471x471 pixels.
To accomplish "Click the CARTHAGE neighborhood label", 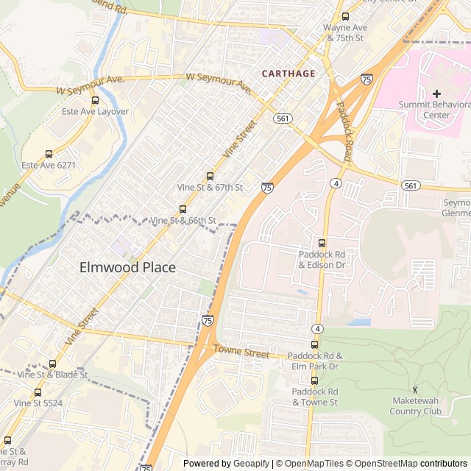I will [288, 74].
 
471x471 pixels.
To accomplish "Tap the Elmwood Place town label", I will [127, 267].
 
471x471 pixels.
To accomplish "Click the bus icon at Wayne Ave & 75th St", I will [345, 17].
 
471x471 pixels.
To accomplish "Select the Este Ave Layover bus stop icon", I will [95, 101].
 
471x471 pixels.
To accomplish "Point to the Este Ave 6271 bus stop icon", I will [49, 154].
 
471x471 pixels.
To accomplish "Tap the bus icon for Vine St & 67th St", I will [210, 176].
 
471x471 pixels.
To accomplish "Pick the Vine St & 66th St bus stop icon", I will [183, 209].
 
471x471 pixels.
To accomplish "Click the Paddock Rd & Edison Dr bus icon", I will [322, 243].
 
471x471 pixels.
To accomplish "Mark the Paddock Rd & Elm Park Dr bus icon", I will [314, 344].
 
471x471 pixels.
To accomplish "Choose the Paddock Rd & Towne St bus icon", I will [314, 380].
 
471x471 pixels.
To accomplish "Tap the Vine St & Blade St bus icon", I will [52, 364].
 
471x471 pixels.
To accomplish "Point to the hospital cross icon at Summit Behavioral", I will [436, 93].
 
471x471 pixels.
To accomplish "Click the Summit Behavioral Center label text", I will [434, 110].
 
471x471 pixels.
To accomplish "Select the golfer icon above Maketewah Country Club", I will [416, 389].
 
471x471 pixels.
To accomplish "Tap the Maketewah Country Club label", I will [416, 406].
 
